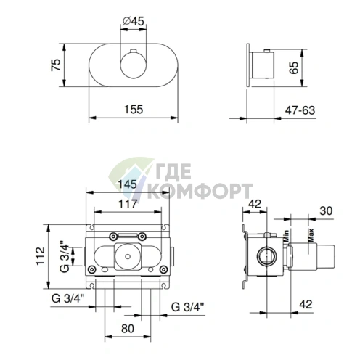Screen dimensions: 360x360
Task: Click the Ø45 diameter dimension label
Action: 134,21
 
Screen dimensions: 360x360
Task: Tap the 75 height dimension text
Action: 56,65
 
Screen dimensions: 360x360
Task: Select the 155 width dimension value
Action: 134,109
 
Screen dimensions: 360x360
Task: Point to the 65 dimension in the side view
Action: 293,67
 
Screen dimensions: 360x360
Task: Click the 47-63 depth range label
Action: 300,110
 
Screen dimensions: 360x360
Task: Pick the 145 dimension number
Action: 128,184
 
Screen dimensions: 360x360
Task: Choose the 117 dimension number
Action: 128,204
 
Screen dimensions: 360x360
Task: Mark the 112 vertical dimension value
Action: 41,256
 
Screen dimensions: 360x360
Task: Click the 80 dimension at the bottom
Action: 128,329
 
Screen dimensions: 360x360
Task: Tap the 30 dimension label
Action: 326,210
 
